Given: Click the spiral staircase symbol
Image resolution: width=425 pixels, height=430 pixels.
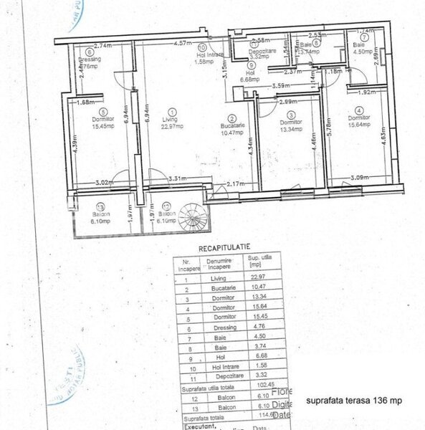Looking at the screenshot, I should [x=191, y=214].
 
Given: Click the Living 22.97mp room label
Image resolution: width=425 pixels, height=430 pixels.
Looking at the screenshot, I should [x=169, y=123].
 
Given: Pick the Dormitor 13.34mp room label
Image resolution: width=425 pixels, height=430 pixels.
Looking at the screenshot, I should [x=290, y=125].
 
